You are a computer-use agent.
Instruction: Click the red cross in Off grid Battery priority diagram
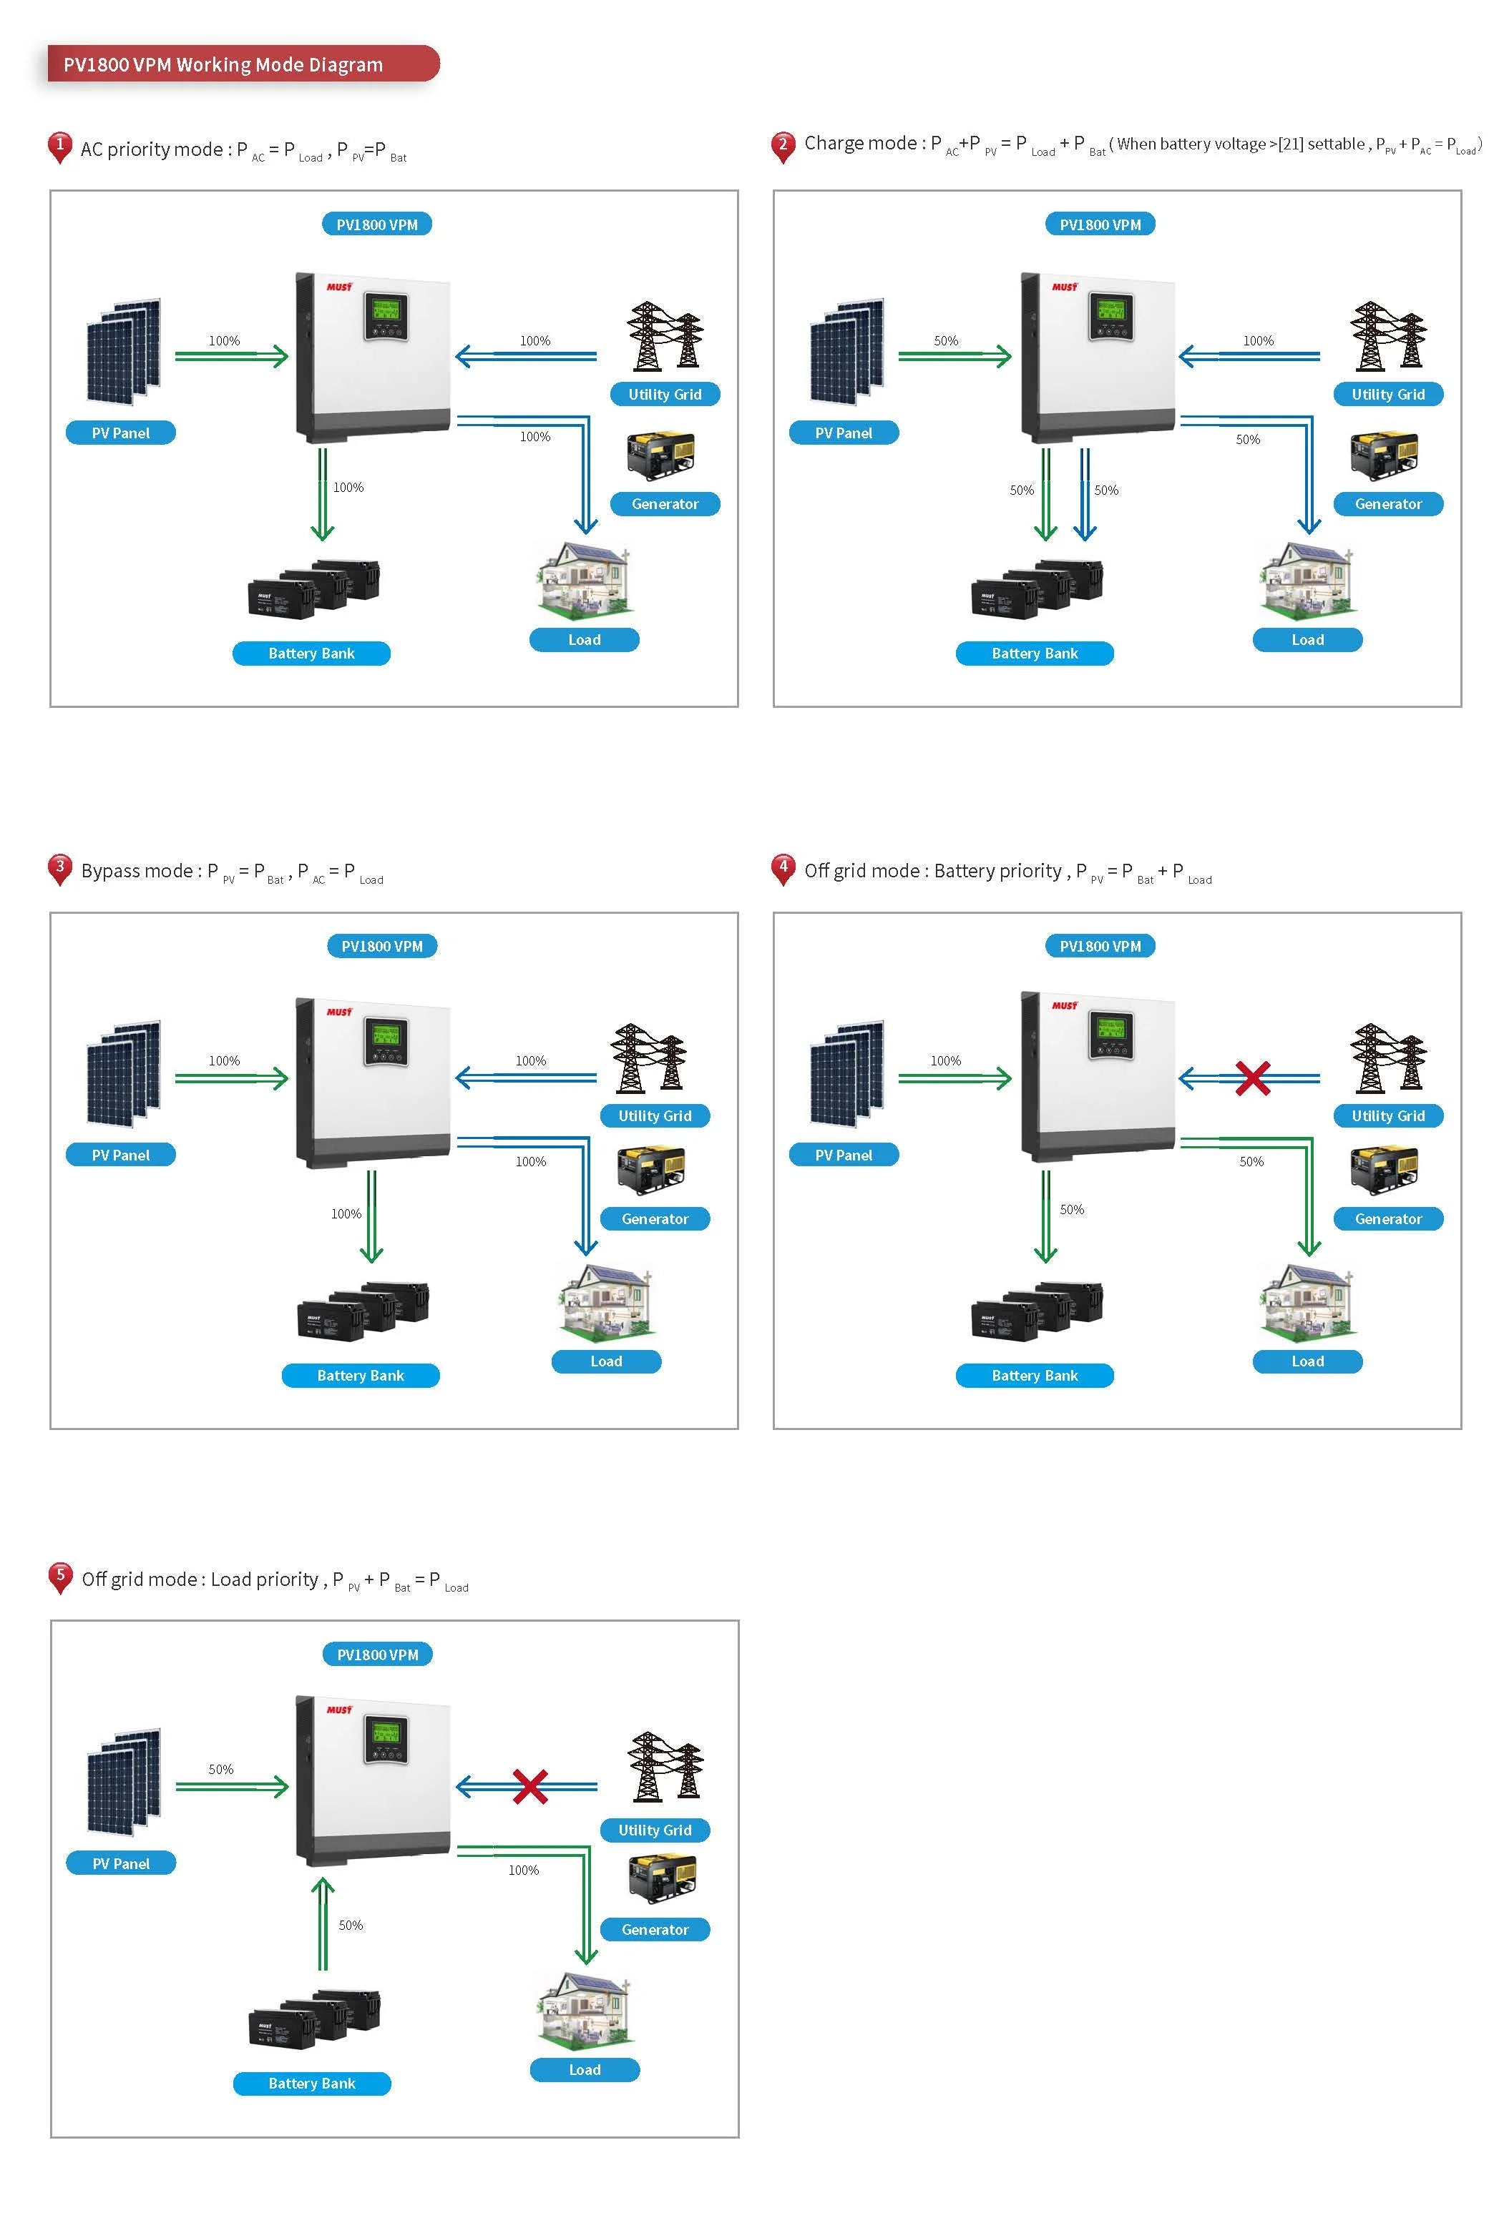click(1251, 1078)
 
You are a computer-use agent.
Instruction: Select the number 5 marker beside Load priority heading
click(60, 1577)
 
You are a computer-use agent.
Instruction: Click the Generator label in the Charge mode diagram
click(1387, 504)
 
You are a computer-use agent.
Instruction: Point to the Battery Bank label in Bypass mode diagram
click(360, 1375)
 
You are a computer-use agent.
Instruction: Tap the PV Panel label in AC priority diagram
click(120, 433)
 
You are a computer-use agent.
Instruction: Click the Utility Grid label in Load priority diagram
click(654, 1830)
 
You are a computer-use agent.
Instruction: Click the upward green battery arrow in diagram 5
click(323, 1923)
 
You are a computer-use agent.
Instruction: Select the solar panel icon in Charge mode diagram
click(846, 353)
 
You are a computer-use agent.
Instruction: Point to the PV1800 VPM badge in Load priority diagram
click(377, 1655)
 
